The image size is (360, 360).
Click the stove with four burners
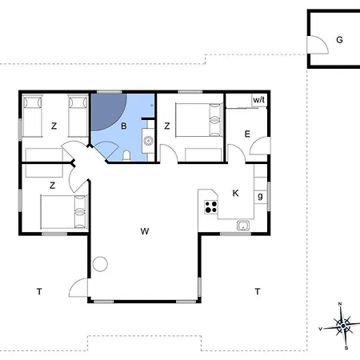(210, 207)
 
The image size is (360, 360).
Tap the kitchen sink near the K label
(243, 226)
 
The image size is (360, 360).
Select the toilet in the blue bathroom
(126, 156)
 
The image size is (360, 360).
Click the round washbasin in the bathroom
(148, 141)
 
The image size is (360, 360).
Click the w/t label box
(259, 100)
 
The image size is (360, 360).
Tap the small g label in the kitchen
(260, 197)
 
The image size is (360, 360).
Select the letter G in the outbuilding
(339, 40)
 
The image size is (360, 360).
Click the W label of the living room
(145, 231)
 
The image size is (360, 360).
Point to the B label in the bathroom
(123, 126)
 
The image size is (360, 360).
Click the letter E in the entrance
(247, 134)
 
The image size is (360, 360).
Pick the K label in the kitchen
(235, 193)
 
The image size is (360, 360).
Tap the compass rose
(342, 326)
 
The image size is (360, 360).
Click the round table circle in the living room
(100, 264)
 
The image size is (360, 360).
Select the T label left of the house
(39, 291)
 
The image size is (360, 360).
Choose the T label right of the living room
(258, 291)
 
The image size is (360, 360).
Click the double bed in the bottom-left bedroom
(64, 212)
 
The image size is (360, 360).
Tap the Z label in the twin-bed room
(54, 126)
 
